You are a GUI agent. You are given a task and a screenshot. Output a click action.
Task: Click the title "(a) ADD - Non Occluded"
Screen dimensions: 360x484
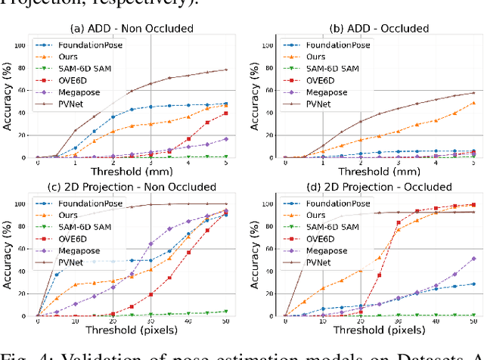coord(132,29)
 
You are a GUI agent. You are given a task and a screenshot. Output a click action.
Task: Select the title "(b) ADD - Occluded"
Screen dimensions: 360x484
coord(380,29)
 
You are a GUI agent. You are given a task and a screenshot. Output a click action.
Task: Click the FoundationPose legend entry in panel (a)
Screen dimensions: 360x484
coord(89,45)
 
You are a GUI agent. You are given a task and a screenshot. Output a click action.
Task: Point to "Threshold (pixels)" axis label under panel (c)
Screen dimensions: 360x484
coord(132,330)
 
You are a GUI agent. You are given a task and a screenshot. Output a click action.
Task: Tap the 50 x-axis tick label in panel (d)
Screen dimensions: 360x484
coord(473,321)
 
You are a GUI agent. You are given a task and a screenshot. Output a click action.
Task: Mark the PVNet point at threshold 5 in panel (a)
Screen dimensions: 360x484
coord(226,70)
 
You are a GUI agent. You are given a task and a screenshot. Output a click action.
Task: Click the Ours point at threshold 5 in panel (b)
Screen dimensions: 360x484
coord(473,103)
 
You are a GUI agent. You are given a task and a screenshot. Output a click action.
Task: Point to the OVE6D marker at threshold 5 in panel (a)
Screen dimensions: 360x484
coord(226,113)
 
